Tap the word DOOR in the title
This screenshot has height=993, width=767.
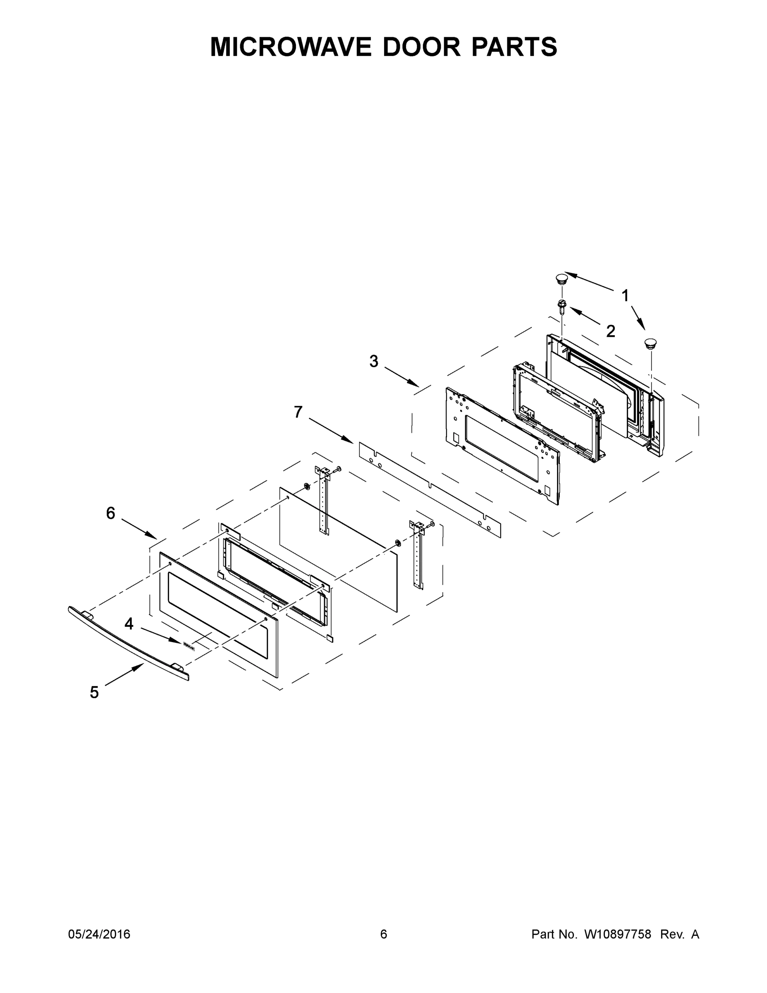pos(421,47)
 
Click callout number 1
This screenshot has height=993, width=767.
pos(625,296)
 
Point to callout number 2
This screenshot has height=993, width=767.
pos(610,331)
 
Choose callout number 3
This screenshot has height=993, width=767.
pos(373,362)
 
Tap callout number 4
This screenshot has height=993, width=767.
pos(129,624)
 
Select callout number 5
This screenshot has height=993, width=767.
pos(94,693)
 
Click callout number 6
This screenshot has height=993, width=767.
pos(110,513)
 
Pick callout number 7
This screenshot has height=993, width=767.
pos(298,412)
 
